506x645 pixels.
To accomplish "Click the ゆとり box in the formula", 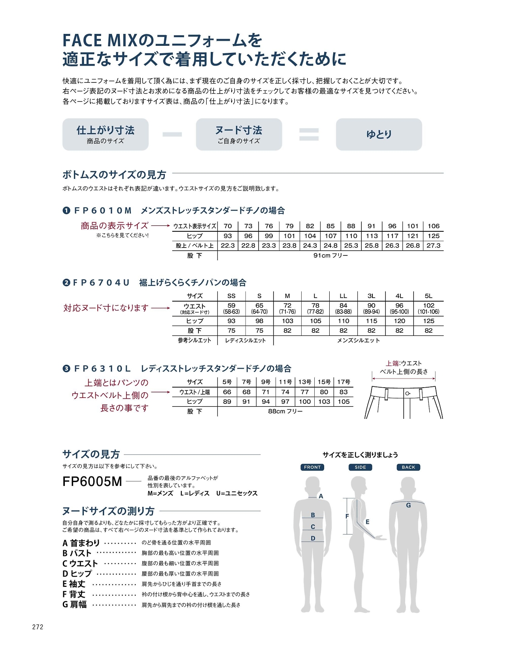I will (x=379, y=134).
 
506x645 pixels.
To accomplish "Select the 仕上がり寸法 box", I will (x=106, y=134).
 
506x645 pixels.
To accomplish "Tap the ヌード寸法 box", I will (x=239, y=134).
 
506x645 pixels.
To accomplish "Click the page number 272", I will (x=38, y=627).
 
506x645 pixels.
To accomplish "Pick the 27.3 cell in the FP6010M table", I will (x=433, y=246).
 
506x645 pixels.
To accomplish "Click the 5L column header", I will (x=429, y=296).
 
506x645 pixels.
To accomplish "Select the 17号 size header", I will (x=344, y=382).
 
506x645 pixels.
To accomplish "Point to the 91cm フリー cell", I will (x=330, y=255).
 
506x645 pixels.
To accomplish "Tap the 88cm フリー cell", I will (x=285, y=411).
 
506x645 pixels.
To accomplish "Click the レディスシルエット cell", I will (x=245, y=340).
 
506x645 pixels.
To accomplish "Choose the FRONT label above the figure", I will (x=312, y=467).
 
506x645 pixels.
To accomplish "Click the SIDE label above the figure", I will (x=360, y=467).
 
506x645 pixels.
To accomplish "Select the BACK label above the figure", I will (x=408, y=467).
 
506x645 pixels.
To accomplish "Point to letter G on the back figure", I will (x=408, y=505).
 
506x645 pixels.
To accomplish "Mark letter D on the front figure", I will (x=313, y=538).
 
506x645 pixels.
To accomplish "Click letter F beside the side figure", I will (x=347, y=516).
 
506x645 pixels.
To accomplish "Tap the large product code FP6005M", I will (x=93, y=482).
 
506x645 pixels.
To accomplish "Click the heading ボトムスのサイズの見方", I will (x=114, y=175).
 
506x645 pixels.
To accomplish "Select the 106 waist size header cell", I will (x=433, y=226).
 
